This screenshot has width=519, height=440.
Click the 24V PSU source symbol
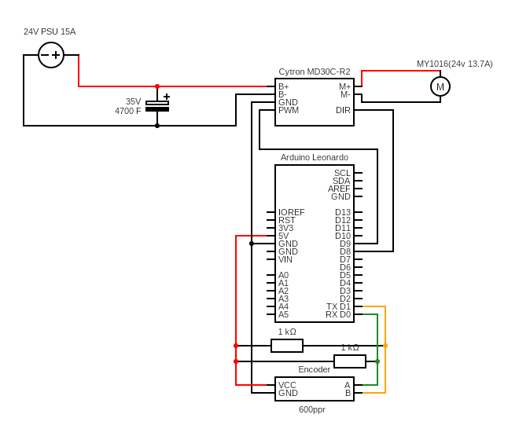51,55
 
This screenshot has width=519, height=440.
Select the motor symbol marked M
440,86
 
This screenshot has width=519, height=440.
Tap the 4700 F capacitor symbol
157,106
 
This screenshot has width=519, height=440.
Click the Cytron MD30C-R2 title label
315,71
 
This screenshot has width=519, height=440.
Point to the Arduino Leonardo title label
315,157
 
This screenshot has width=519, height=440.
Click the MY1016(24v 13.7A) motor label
455,64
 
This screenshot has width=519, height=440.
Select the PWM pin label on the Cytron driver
289,110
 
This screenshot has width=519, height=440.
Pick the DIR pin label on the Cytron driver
343,110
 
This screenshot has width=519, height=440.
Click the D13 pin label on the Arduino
343,212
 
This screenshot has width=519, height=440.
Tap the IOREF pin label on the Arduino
291,212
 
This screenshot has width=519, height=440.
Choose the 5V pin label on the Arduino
283,236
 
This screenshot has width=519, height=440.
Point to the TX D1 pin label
338,306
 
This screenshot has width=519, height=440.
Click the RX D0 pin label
338,314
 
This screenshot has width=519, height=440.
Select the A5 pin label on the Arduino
283,314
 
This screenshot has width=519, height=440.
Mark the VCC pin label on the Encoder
287,385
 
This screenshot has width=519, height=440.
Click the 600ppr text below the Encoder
312,409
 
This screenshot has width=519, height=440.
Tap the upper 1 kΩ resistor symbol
287,346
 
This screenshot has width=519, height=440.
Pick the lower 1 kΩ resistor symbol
350,361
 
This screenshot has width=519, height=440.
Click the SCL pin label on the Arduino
342,173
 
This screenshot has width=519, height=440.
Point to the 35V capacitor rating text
133,101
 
